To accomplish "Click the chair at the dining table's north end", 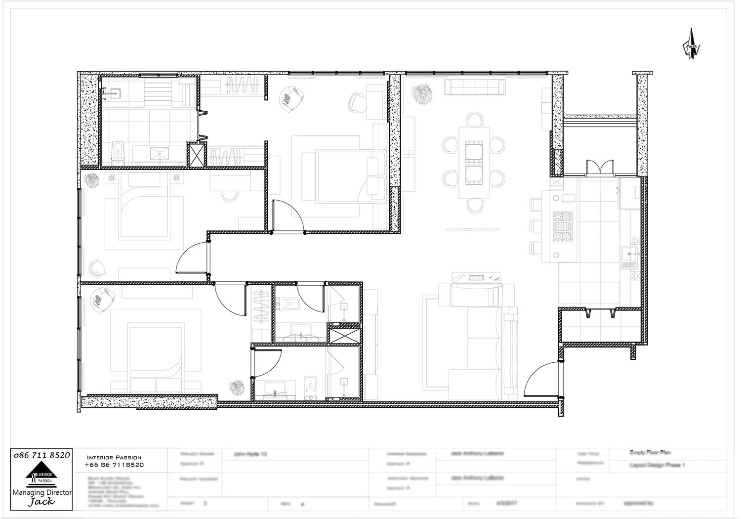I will (475, 120).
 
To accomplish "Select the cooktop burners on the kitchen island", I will (562, 228).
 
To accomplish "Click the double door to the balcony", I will (598, 168).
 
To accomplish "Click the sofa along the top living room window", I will (475, 87).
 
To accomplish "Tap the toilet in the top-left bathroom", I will (117, 151).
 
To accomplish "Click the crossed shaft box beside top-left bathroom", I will (196, 154).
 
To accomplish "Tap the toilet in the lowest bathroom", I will (310, 385).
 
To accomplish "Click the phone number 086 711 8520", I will (42, 455).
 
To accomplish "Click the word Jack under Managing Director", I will (41, 502).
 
